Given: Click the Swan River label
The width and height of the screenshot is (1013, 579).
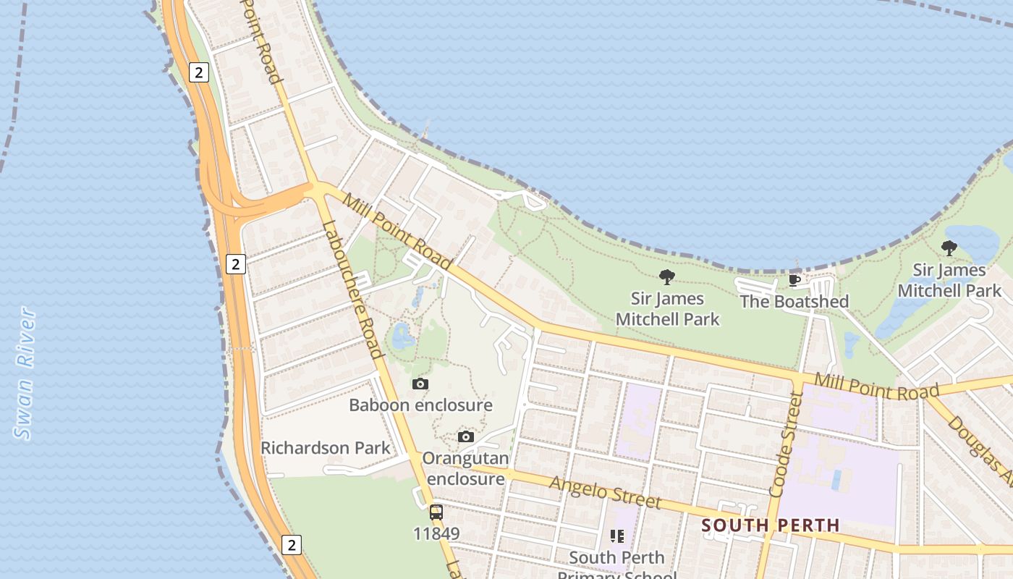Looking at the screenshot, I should click(x=25, y=373).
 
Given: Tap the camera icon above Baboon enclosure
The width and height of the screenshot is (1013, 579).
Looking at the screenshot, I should click(x=420, y=384).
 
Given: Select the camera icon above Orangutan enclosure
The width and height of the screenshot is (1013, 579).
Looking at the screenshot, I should click(x=466, y=436).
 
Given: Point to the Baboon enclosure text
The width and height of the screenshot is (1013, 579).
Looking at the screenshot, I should click(x=420, y=405).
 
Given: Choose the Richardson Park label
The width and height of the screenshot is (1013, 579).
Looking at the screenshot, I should click(x=325, y=447).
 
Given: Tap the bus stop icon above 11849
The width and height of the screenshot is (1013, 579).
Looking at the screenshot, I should click(x=436, y=512).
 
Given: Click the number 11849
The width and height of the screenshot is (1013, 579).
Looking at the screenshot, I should click(x=436, y=533).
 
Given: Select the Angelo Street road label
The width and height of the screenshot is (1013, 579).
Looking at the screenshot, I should click(x=605, y=492).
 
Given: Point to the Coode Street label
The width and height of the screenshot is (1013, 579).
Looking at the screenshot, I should click(x=786, y=444).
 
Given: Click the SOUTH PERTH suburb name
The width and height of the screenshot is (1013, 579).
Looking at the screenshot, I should click(x=770, y=525).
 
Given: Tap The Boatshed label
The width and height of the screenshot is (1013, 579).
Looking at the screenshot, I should click(x=794, y=301).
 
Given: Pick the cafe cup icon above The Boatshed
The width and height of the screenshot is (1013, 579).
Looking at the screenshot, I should click(x=794, y=280).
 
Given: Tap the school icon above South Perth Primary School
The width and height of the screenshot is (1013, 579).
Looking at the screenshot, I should click(x=616, y=536).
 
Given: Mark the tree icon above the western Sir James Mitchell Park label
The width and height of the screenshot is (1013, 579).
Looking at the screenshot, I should click(x=667, y=276).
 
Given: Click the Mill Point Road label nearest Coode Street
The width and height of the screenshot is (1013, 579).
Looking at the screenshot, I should click(x=876, y=387).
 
